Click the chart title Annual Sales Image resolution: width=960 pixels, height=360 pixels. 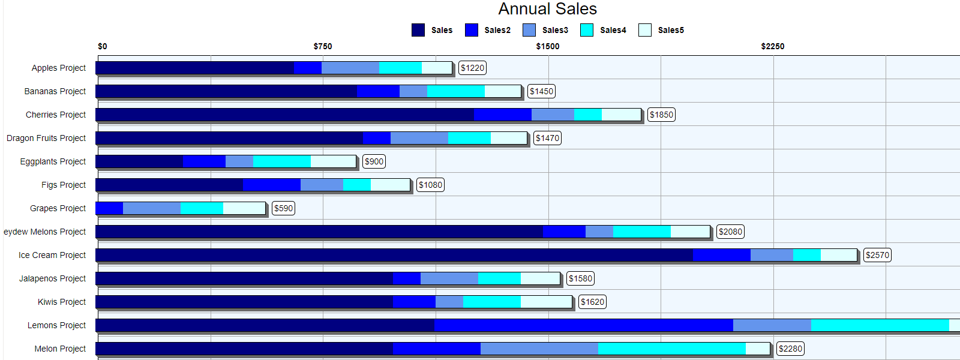(547, 9)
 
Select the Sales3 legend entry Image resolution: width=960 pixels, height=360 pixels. (545, 30)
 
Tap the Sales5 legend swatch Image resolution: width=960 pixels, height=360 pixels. (645, 30)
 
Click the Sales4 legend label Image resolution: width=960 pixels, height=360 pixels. (613, 30)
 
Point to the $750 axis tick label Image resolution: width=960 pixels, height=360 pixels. (323, 46)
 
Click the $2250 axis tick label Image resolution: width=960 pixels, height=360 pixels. (773, 46)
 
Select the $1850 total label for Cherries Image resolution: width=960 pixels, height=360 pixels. (661, 115)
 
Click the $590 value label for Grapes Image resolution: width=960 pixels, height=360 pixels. (283, 208)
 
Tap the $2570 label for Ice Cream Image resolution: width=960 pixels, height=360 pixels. (877, 255)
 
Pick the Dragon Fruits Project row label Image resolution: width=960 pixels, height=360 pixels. (46, 138)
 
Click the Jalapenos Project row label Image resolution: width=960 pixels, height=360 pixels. (52, 278)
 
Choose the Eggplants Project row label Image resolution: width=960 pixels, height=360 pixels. (53, 161)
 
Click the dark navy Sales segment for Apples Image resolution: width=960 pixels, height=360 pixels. (194, 68)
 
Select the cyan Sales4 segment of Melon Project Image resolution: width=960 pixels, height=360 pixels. (672, 349)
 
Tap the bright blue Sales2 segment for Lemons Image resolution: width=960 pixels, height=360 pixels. (583, 325)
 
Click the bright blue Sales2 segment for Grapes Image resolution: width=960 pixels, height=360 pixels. (109, 208)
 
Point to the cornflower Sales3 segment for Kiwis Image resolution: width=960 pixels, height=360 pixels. (449, 302)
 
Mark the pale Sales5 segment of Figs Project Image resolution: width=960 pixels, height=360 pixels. (390, 185)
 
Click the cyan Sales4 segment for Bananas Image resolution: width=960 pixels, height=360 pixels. (456, 91)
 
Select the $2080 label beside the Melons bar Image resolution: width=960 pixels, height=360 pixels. (730, 232)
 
